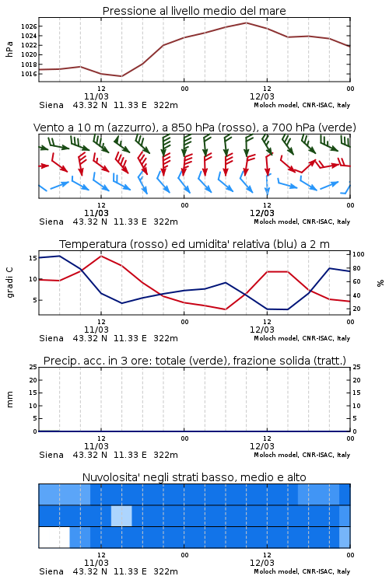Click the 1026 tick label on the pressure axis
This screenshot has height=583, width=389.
pyautogui.click(x=29, y=26)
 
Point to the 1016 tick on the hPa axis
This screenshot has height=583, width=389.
pyautogui.click(x=29, y=74)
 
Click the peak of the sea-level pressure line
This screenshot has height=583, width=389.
pyautogui.click(x=246, y=23)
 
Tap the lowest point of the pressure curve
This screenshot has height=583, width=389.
pyautogui.click(x=121, y=76)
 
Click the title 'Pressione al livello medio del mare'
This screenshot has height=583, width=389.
pyautogui.click(x=194, y=11)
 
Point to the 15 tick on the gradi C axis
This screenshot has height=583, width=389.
pyautogui.click(x=33, y=258)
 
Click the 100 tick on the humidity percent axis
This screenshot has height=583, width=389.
pyautogui.click(x=359, y=254)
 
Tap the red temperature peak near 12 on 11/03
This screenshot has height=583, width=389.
pyautogui.click(x=101, y=256)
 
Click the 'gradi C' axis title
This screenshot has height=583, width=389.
pyautogui.click(x=10, y=282)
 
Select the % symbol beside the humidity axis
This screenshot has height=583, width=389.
pyautogui.click(x=380, y=283)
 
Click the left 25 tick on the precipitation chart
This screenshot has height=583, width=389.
pyautogui.click(x=33, y=367)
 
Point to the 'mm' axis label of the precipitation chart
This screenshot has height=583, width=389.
pyautogui.click(x=10, y=400)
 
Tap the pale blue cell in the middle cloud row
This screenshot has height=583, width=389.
pyautogui.click(x=121, y=515)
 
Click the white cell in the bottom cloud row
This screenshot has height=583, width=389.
pyautogui.click(x=54, y=537)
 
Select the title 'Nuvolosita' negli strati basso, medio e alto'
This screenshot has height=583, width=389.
pyautogui.click(x=194, y=477)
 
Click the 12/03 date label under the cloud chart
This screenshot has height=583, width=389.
pyautogui.click(x=262, y=563)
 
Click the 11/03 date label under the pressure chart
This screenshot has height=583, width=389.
pyautogui.click(x=96, y=96)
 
